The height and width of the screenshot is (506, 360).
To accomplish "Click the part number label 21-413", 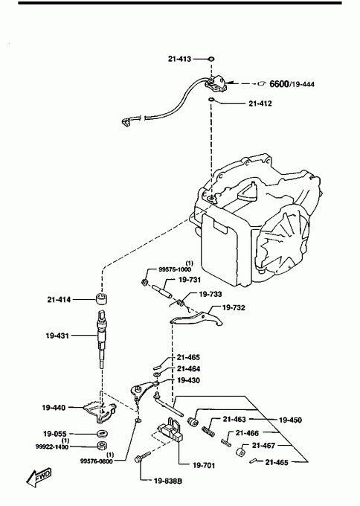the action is click(x=179, y=59).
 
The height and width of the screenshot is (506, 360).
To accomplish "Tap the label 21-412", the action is click(x=260, y=103).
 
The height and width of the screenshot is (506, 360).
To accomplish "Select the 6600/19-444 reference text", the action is click(x=292, y=84).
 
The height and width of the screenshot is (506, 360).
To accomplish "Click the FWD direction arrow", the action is click(x=39, y=477).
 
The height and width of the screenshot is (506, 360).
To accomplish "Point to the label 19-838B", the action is click(x=168, y=481).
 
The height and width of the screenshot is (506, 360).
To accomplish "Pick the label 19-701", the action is click(x=204, y=465).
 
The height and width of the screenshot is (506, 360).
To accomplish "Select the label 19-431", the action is click(x=57, y=336).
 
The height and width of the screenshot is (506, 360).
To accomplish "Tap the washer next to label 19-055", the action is click(x=102, y=433).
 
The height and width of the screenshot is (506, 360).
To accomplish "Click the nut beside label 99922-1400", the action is click(x=102, y=446).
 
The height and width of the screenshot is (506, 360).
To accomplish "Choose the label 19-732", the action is click(x=234, y=307).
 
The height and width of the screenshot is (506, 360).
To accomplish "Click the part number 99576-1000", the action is click(x=175, y=269).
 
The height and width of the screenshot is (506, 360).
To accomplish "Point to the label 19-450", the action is click(x=290, y=420).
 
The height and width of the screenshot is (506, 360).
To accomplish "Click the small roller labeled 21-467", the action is click(x=240, y=452).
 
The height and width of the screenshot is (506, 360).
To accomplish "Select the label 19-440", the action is click(x=54, y=408).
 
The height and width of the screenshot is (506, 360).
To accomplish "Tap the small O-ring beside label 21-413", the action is click(x=212, y=59).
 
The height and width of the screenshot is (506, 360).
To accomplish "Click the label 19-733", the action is click(x=210, y=294).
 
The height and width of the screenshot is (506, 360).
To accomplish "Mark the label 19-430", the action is click(x=188, y=380).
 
